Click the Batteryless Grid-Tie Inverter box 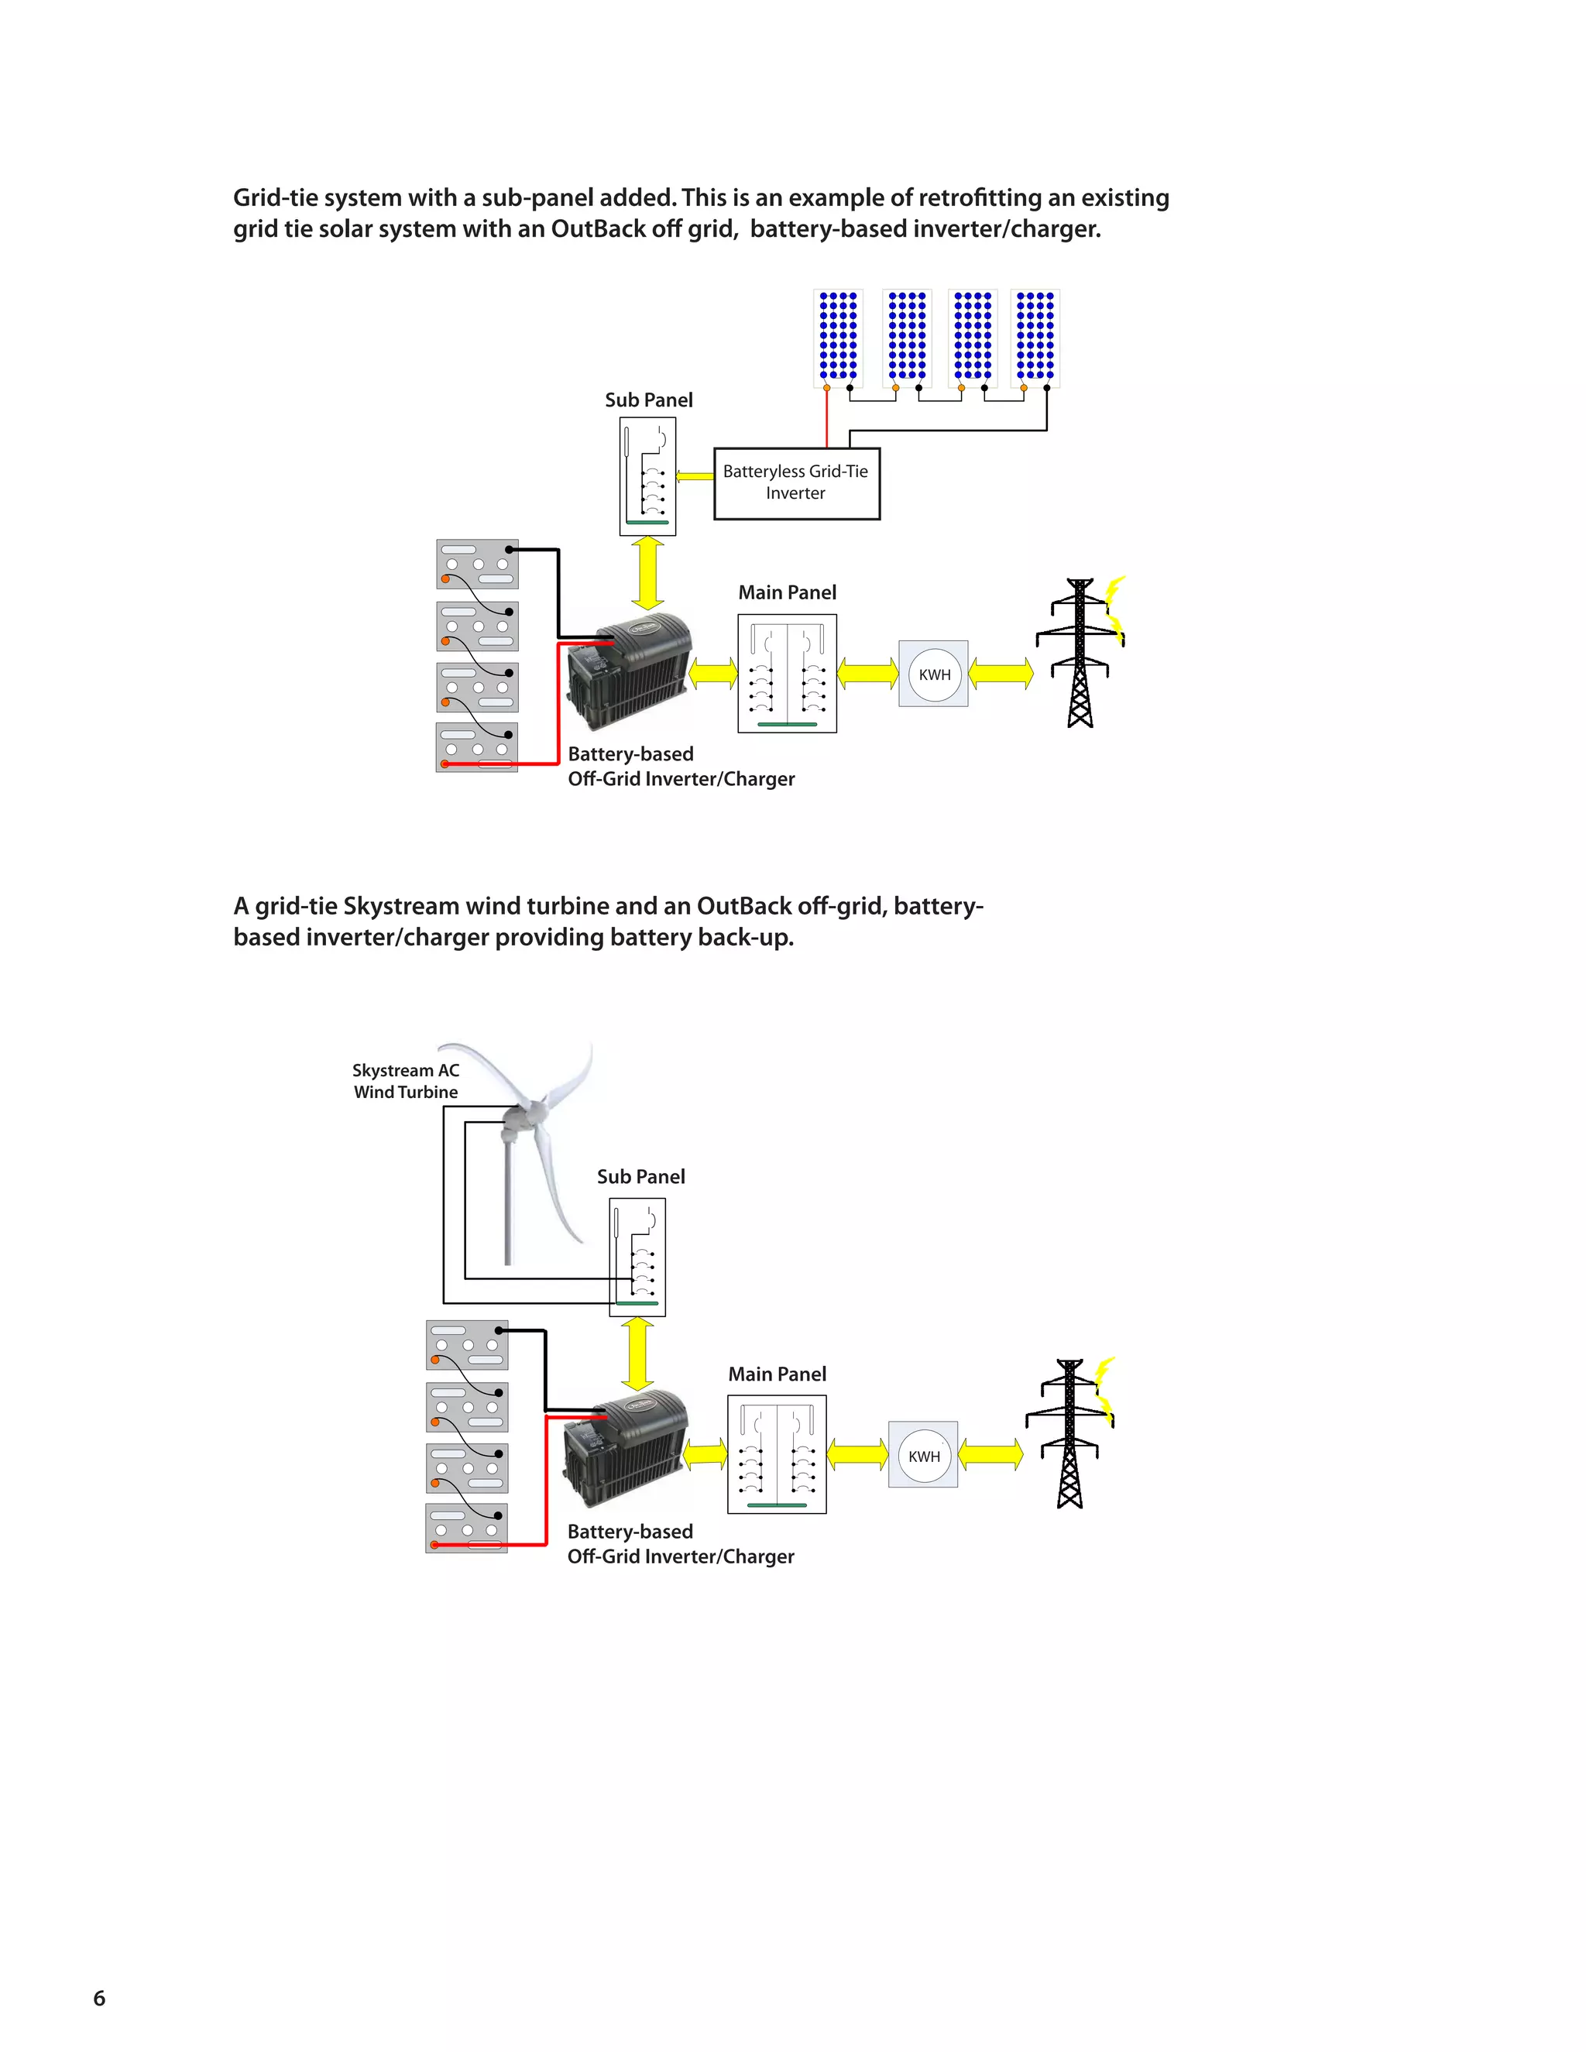coord(796,483)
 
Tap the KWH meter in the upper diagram coord(933,674)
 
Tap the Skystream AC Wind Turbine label coord(406,1080)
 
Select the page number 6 coord(100,1998)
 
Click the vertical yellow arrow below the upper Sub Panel coord(647,573)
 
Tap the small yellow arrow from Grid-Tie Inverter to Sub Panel coord(695,475)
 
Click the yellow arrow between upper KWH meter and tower coord(1001,673)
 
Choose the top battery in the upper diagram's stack coord(477,564)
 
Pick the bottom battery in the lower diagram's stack coord(467,1528)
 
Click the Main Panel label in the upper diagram coord(787,592)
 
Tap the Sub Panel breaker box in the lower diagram coord(637,1256)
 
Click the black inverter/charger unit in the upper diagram coord(630,669)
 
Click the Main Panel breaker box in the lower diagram coord(777,1453)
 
